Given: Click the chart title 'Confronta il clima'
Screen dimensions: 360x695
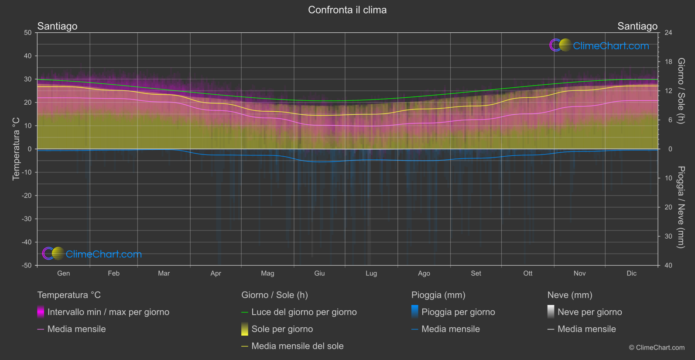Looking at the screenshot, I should tap(347, 10).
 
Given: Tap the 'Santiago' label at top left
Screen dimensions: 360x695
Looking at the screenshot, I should tap(57, 26).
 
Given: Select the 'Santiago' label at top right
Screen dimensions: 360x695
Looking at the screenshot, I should tap(637, 26).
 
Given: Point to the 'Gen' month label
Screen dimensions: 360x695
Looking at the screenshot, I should tap(63, 273).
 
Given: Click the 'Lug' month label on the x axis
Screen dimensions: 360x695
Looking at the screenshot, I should tap(371, 273).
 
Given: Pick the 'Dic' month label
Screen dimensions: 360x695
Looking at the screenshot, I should tap(631, 273).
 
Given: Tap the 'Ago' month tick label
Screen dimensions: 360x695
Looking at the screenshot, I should tap(424, 273).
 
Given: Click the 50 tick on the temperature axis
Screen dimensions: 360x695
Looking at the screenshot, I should tap(28, 33).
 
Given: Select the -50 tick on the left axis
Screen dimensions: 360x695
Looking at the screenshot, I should tap(26, 265).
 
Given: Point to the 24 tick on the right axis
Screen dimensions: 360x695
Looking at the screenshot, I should tap(668, 33).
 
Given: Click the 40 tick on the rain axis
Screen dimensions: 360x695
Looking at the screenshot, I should tap(668, 265).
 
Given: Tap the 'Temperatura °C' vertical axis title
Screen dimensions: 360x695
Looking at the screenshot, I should tap(16, 149).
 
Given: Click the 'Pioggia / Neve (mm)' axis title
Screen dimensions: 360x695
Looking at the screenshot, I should tap(681, 207).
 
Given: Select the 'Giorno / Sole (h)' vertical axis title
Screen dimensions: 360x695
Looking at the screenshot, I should tap(681, 91).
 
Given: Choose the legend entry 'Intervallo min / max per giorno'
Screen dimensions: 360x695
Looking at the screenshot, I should tap(108, 312).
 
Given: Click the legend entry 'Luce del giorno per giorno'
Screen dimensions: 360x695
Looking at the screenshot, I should tap(304, 312).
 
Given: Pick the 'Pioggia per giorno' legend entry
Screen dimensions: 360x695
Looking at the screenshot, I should tap(458, 312).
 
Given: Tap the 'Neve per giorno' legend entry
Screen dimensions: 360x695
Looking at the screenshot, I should tap(589, 312).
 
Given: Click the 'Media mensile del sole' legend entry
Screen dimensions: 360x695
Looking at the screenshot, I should tap(297, 346).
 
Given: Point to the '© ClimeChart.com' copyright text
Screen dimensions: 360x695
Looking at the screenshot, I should tap(657, 348).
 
